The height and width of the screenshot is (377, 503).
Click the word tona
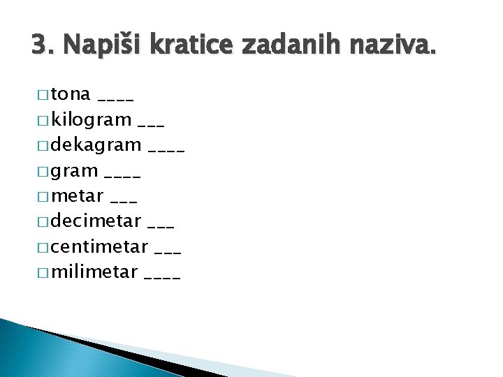click(71, 94)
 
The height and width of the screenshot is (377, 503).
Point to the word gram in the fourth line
click(74, 171)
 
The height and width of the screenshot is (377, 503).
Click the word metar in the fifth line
click(77, 195)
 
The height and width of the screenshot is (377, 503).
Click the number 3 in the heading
click(38, 45)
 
